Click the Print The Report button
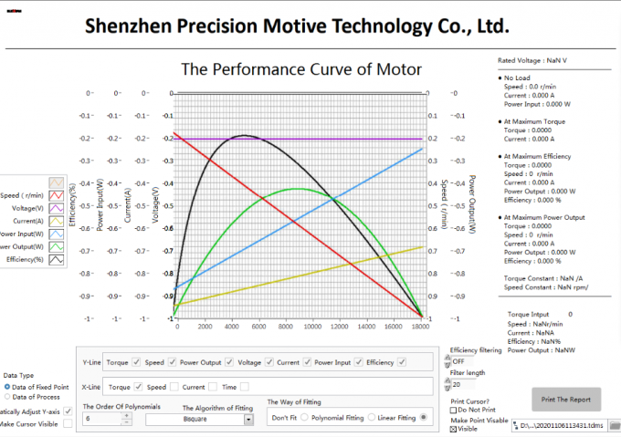[x=566, y=399]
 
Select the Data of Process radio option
[x=7, y=397]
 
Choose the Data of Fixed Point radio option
[x=7, y=386]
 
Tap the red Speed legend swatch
[x=57, y=194]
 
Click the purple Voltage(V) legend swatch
[x=57, y=207]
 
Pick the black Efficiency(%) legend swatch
[x=57, y=259]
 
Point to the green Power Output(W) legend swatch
[x=57, y=246]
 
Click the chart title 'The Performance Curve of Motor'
[x=300, y=69]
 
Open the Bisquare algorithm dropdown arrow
[x=248, y=420]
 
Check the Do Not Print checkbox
[x=455, y=410]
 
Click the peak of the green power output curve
[x=298, y=189]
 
